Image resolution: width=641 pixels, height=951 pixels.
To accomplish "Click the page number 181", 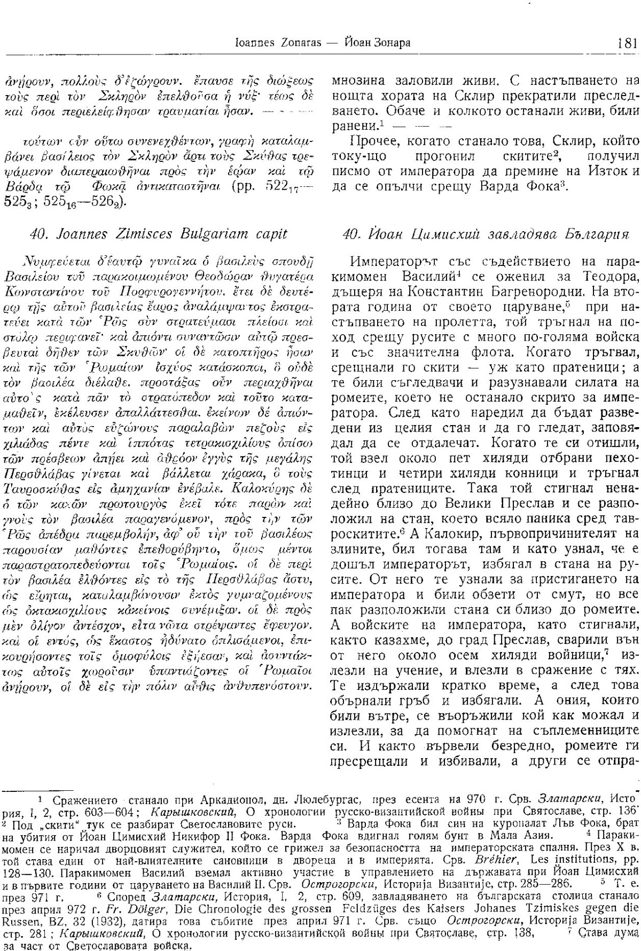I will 626,43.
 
